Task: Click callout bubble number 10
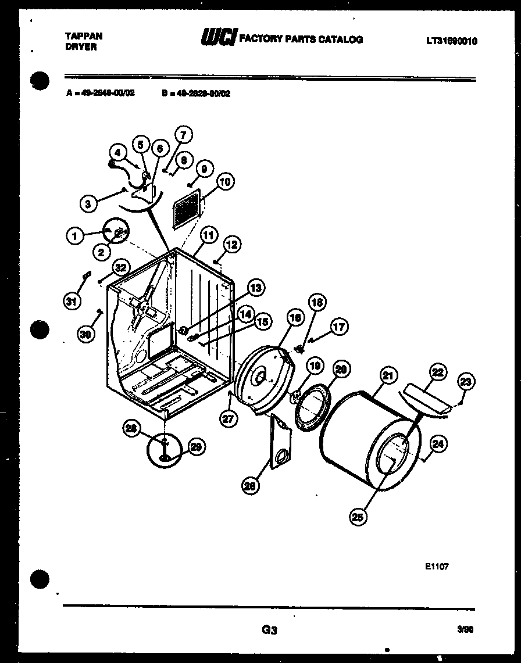click(225, 182)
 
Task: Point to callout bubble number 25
click(359, 517)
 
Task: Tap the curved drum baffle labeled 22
click(423, 400)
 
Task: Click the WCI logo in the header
click(217, 39)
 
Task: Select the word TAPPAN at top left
click(84, 36)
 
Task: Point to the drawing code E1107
click(436, 565)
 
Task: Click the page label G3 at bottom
click(269, 629)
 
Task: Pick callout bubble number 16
click(295, 318)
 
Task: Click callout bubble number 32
click(120, 268)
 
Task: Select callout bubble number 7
click(183, 135)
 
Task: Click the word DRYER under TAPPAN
click(80, 47)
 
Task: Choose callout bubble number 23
click(466, 382)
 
